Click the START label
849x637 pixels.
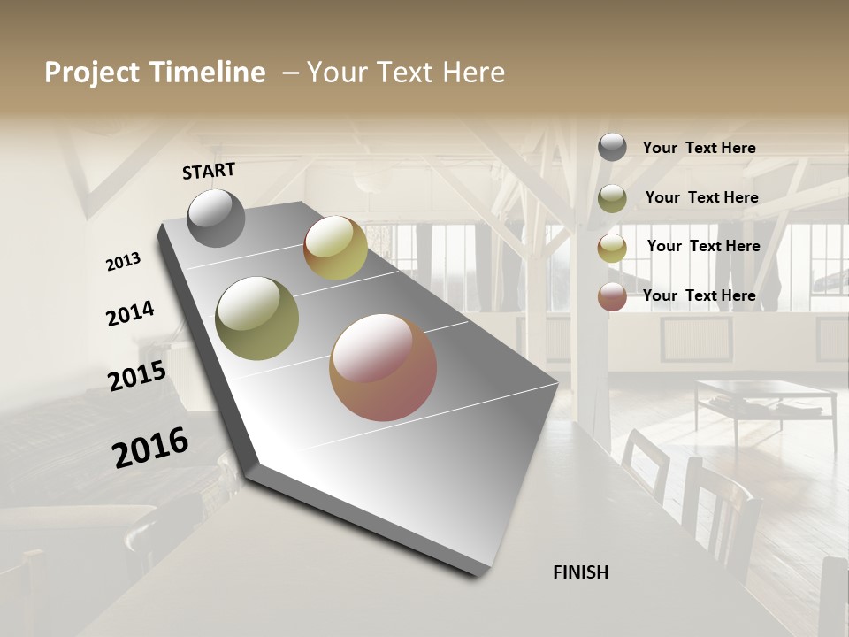point(209,171)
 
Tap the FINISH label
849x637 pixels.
point(581,572)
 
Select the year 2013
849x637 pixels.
point(124,262)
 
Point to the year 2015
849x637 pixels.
point(137,376)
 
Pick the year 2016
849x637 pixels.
point(150,447)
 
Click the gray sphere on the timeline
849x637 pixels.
point(216,218)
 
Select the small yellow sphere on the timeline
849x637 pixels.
point(335,248)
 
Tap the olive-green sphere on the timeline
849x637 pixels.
point(257,318)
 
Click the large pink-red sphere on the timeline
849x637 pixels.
point(383,367)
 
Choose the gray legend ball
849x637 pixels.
point(612,147)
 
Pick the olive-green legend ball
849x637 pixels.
point(612,198)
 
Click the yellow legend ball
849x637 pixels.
point(612,248)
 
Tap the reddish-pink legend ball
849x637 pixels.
point(612,296)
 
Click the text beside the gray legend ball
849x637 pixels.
point(699,149)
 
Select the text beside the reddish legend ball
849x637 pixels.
point(699,295)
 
